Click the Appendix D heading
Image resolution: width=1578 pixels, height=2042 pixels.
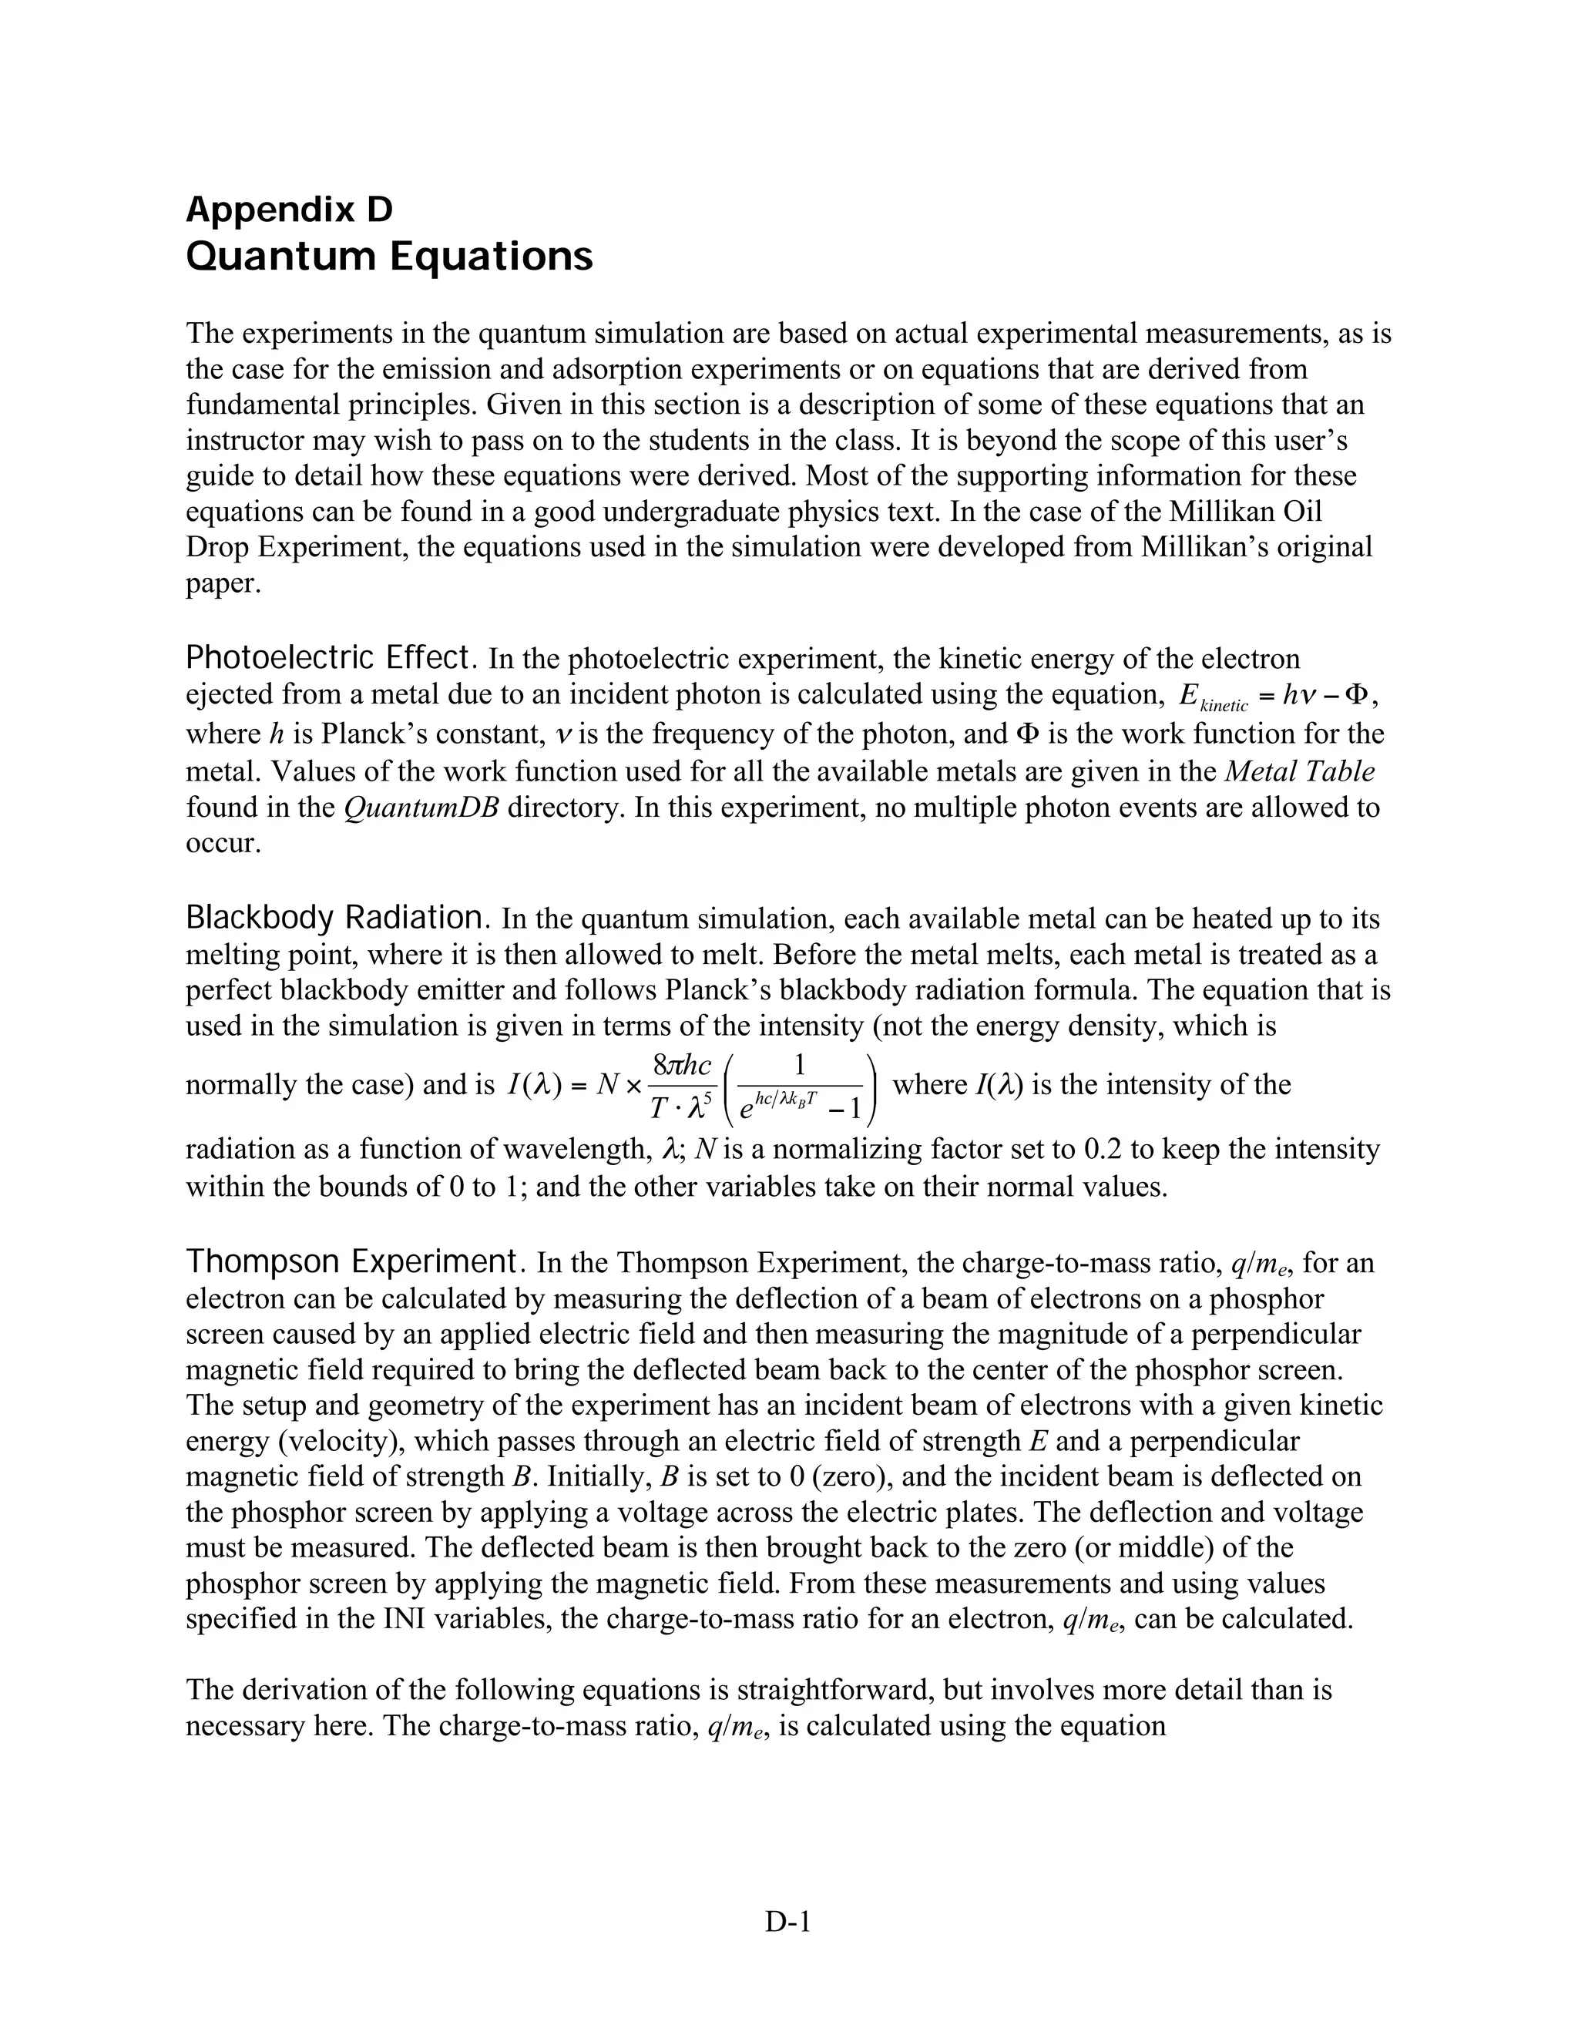coord(289,210)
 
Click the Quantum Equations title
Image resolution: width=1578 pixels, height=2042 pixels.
coord(389,256)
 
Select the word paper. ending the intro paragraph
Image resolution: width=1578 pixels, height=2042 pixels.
coord(223,583)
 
